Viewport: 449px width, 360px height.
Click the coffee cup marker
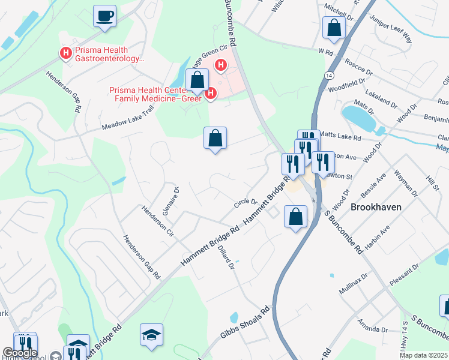coord(105,16)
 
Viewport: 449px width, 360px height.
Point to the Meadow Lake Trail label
coord(128,118)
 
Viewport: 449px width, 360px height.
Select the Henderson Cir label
coord(157,220)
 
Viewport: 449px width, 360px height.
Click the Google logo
coord(20,353)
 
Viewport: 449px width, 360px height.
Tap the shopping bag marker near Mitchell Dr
coord(334,28)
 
